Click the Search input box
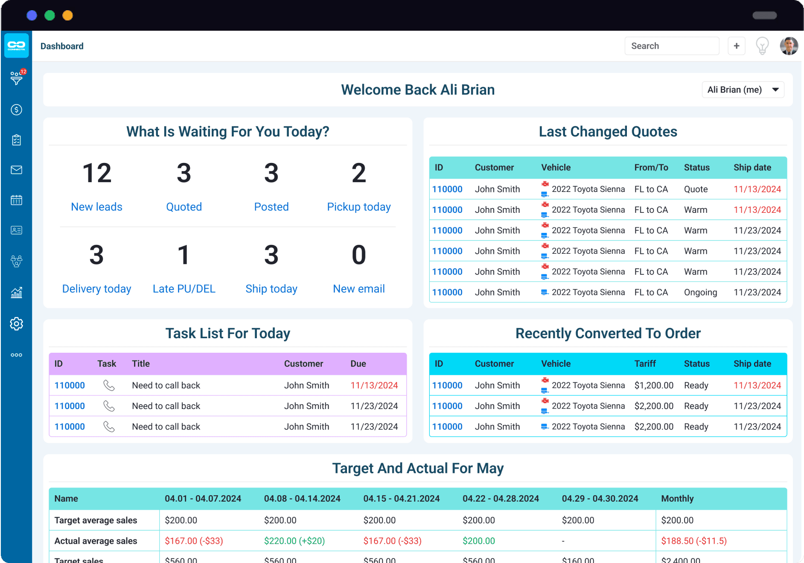(672, 46)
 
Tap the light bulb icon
(762, 46)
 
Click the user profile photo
(789, 46)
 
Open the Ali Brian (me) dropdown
(743, 90)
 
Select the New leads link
(96, 207)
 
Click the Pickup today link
(359, 207)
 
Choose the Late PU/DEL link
(184, 289)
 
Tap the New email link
(359, 289)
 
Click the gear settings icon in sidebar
(17, 324)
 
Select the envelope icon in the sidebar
(17, 170)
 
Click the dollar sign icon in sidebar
(17, 110)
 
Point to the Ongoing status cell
(700, 292)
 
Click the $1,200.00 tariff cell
(654, 385)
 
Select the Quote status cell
(696, 189)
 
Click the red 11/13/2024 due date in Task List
(374, 385)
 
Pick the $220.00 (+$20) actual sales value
(294, 541)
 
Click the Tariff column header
(645, 363)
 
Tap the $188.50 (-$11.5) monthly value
(694, 541)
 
